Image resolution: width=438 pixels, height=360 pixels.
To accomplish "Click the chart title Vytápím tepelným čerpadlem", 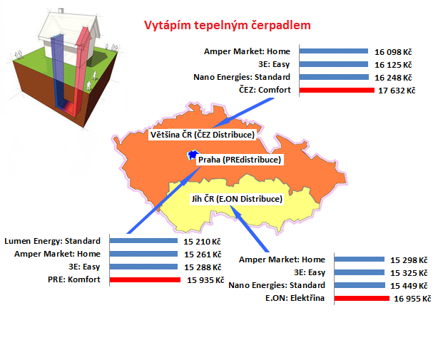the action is click(x=228, y=26).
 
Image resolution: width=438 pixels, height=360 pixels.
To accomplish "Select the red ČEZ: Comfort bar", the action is click(x=337, y=90).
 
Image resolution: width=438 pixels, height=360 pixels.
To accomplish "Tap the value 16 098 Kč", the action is click(x=393, y=52).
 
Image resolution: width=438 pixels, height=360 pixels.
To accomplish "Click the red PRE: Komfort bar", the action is click(x=145, y=279).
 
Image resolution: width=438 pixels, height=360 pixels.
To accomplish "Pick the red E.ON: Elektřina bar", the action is click(x=362, y=298).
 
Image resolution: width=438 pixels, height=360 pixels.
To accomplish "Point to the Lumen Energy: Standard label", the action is click(x=52, y=241).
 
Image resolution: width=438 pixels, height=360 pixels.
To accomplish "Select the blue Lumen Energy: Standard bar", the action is click(x=143, y=240).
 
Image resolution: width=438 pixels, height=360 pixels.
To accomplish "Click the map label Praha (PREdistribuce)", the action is click(x=240, y=160).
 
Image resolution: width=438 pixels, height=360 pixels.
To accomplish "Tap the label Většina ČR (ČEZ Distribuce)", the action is click(x=203, y=135).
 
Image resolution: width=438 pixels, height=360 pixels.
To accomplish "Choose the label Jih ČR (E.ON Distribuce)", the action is click(x=237, y=199).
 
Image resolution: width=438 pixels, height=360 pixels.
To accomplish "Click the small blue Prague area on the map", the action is click(x=193, y=155).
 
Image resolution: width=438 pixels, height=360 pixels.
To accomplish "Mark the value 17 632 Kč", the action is click(x=397, y=91).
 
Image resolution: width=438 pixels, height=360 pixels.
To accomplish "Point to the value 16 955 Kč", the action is click(x=412, y=299).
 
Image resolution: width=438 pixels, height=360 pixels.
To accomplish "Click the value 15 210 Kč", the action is click(x=202, y=242).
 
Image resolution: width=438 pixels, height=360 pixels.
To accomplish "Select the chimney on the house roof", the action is click(x=61, y=11).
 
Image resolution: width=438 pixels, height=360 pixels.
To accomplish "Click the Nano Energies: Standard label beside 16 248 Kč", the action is click(x=242, y=77).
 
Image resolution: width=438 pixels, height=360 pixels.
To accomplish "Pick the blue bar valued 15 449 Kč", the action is click(x=360, y=285).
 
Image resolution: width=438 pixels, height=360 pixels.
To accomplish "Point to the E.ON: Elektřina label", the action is click(x=295, y=298).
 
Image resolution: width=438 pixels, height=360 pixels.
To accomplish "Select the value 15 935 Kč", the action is click(x=205, y=280).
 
